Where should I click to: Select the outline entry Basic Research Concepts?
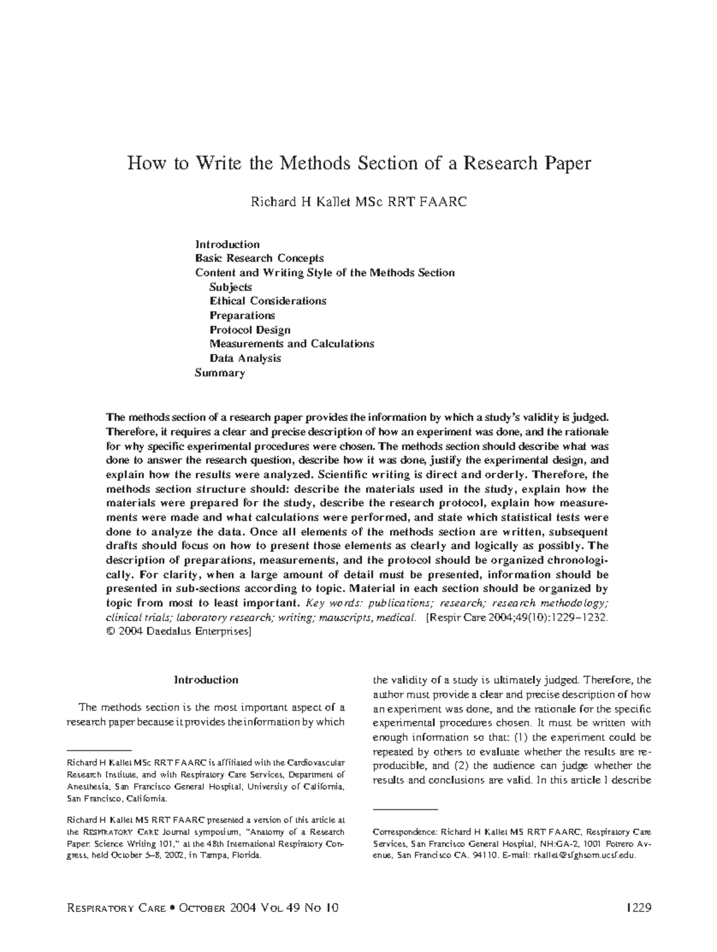[259, 258]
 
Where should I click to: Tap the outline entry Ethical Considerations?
[268, 301]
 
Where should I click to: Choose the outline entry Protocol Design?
[250, 330]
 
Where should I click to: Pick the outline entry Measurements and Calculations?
[292, 344]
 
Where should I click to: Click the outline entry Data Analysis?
[245, 358]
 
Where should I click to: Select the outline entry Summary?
[220, 373]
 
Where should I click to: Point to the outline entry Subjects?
[231, 287]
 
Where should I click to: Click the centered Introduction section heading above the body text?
[206, 680]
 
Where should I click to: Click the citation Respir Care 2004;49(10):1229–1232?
[517, 618]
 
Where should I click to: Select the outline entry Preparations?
[242, 315]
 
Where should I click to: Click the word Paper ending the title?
[567, 163]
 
